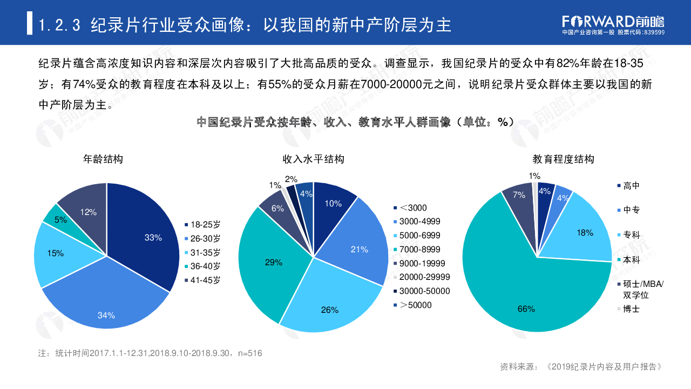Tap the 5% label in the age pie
pos(61,219)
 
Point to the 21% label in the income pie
pos(359,249)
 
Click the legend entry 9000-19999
pos(419,264)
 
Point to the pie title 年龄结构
pos(103,159)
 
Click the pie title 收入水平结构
pos(314,159)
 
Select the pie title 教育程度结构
pos(563,159)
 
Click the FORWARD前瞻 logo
pos(613,22)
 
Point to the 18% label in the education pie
pos(585,233)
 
